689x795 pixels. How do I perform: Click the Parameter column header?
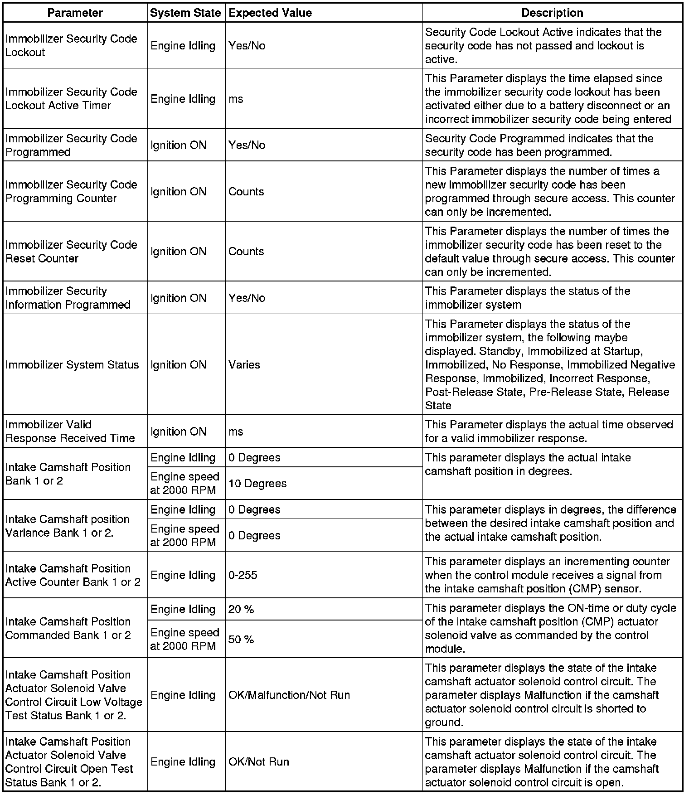coord(75,13)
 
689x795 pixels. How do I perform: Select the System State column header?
coord(185,13)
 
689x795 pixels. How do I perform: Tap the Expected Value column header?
coord(270,13)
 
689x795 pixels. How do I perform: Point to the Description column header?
coord(552,13)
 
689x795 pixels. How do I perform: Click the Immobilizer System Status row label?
coord(72,365)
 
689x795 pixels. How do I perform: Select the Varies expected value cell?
coord(244,365)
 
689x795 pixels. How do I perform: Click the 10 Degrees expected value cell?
coord(257,484)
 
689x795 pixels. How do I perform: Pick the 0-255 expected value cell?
coord(243,575)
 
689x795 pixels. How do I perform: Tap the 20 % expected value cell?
coord(241,610)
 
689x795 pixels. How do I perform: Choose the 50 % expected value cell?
coord(241,640)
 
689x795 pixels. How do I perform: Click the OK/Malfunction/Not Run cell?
coord(289,695)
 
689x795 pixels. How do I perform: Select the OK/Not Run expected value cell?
coord(259,762)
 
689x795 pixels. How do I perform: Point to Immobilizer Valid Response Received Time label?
coord(70,431)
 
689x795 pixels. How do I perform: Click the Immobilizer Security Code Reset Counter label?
coord(71,252)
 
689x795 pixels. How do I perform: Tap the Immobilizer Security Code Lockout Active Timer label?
coord(71,99)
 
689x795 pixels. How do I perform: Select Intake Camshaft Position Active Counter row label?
coord(73,575)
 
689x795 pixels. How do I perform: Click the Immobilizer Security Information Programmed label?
coord(68,298)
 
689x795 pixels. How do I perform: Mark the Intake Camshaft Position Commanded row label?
coord(68,628)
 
